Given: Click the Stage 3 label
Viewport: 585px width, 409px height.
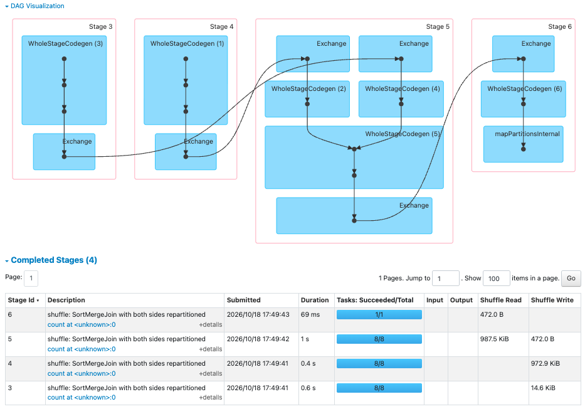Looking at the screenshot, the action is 100,26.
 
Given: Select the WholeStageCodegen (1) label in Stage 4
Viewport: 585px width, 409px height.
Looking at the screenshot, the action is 187,44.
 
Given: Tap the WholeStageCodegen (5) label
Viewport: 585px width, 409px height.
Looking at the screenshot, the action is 403,134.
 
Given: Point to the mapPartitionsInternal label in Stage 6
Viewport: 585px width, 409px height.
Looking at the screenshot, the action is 527,134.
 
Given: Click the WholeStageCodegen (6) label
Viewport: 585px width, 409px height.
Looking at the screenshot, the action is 525,89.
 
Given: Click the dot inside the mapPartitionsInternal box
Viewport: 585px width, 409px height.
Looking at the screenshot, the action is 524,149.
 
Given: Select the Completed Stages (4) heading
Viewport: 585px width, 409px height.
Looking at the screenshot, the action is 54,260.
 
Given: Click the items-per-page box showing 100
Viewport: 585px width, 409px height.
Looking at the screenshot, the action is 496,279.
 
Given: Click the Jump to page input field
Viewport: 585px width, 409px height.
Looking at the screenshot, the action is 445,279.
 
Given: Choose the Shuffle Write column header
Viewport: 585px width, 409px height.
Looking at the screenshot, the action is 552,300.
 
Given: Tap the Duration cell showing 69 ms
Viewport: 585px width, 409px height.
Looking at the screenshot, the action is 310,314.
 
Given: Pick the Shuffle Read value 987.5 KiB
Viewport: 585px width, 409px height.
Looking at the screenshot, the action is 494,339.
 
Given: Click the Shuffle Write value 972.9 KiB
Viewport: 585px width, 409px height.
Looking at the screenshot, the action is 545,363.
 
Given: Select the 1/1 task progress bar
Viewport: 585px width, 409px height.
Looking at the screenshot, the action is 379,314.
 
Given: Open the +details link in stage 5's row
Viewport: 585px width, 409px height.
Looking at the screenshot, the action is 211,349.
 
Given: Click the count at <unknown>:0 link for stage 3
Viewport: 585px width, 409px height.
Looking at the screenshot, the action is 82,398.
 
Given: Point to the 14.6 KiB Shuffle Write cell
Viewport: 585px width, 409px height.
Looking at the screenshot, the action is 543,388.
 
